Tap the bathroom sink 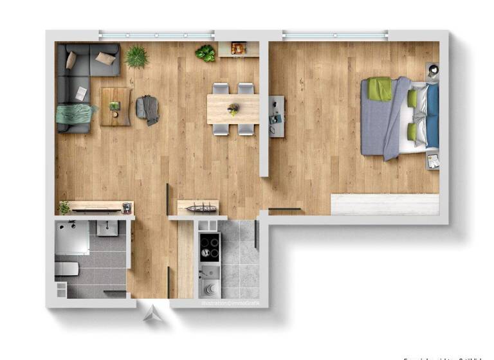107,228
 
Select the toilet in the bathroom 66,269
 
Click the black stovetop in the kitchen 210,247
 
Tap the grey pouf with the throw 148,109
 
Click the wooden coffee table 115,106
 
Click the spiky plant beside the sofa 136,57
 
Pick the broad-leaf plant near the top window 206,53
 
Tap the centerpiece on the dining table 233,109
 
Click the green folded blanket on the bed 380,89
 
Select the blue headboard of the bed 432,116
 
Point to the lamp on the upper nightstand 432,69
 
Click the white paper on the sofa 81,94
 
